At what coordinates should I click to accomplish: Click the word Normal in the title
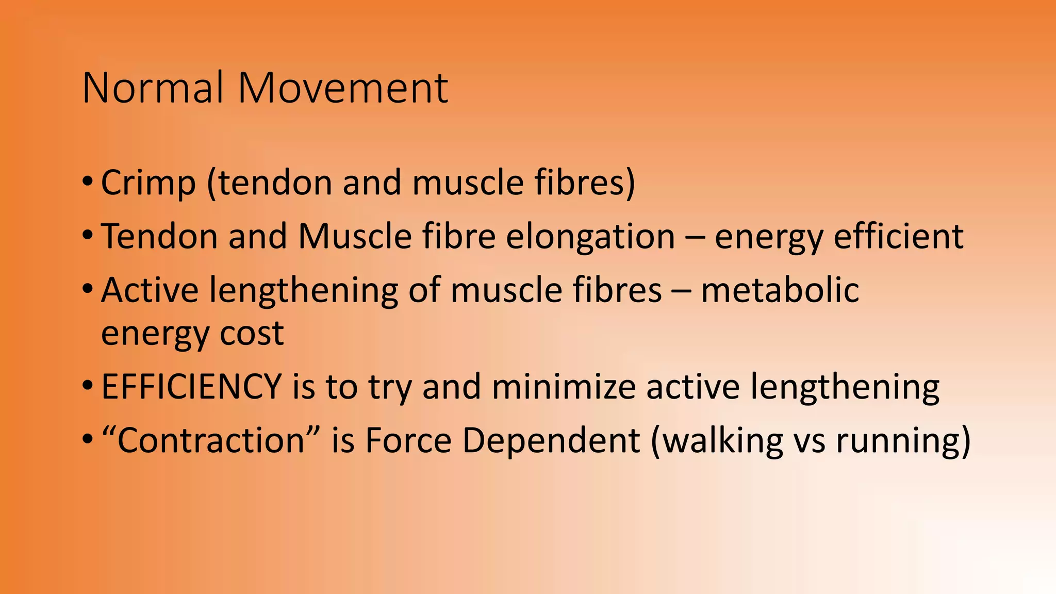(153, 88)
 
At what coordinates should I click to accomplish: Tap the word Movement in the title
(343, 88)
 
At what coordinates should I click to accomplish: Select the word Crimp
(148, 183)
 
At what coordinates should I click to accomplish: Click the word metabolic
(780, 290)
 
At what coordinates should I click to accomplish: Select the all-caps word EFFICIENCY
(191, 387)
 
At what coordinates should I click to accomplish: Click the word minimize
(564, 387)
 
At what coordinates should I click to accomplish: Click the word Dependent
(551, 441)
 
